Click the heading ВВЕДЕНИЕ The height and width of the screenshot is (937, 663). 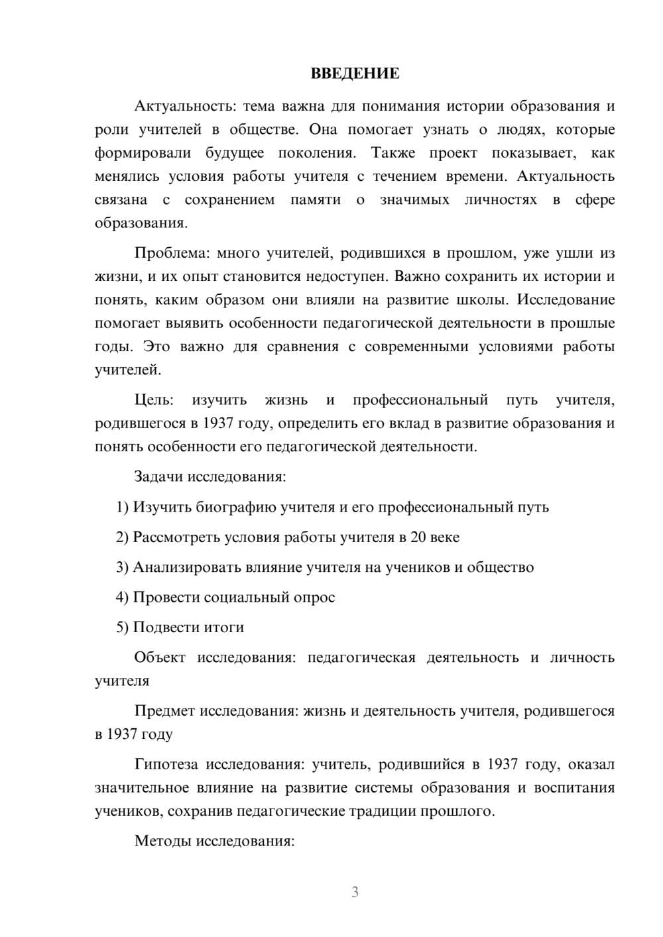pos(355,74)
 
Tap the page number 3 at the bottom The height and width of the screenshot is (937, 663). pos(355,892)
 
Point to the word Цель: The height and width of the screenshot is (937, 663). pos(154,400)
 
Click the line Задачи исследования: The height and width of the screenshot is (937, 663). pos(210,476)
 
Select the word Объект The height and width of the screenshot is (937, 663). pos(159,657)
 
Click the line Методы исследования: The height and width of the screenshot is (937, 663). pos(214,841)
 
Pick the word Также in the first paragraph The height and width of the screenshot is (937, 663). pos(393,153)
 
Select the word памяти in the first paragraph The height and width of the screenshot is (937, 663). pos(315,199)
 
